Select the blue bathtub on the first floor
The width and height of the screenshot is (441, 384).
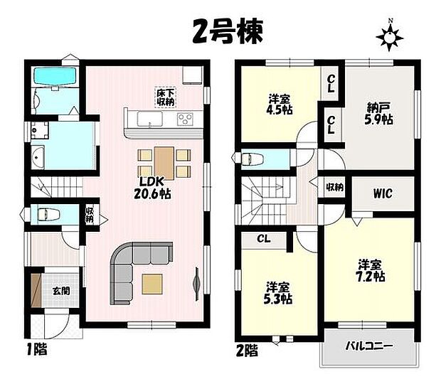(55, 76)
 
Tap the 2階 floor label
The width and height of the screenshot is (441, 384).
(247, 350)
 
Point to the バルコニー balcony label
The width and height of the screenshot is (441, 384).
(368, 346)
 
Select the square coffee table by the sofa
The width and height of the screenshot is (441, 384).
(152, 283)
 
